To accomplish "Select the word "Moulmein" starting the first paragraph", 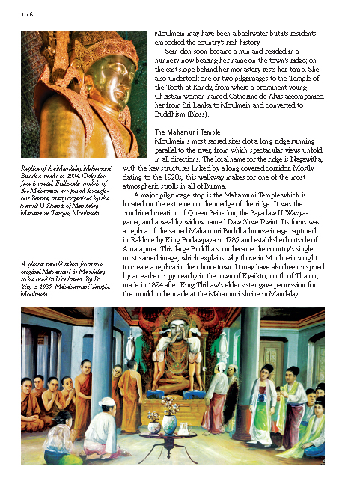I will point(168,34).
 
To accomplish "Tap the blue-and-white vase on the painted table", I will point(171,423).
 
